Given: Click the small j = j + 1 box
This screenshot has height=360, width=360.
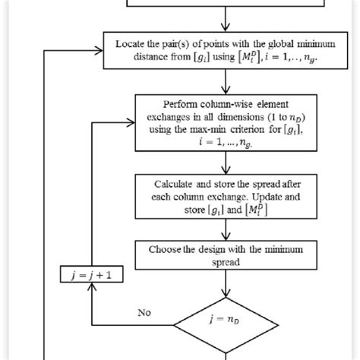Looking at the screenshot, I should pos(90,276).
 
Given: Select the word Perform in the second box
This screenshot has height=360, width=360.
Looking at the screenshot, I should pos(181,104).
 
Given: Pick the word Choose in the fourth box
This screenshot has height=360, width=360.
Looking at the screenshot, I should pos(174,249).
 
